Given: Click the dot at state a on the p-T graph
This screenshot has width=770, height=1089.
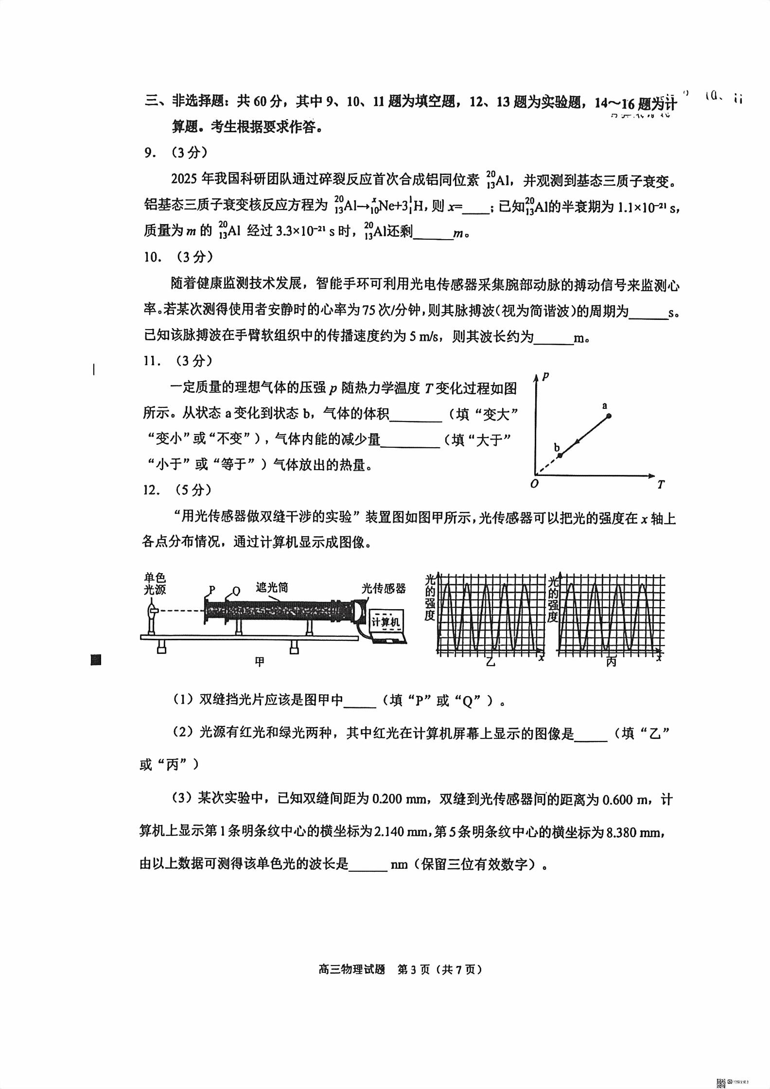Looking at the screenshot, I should coord(608,416).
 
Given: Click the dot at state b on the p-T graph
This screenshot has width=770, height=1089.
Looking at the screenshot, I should coord(560,455).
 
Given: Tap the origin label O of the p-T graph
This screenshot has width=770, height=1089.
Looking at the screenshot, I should coord(534,484).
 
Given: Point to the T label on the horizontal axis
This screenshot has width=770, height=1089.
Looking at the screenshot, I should coord(660,484).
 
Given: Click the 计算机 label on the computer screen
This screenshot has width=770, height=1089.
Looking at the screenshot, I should coord(385,622).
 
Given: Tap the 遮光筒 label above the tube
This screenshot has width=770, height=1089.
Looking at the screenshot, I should coord(272,588).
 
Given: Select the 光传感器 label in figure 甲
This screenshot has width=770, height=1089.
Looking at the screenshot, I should coord(384,588).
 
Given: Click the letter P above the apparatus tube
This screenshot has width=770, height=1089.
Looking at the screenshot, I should coord(211,590).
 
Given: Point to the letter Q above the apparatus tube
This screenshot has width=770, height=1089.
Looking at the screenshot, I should coord(236,591).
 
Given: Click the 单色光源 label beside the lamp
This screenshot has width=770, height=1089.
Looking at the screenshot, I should coord(155,583).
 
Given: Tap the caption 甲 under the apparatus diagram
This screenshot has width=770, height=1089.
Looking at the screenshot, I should coord(260,662).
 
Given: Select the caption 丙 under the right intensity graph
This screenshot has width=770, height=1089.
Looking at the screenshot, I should coord(611,662).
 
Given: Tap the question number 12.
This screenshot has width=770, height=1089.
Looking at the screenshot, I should coord(152,490).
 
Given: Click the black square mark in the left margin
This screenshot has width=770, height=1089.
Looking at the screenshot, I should coord(96,660).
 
